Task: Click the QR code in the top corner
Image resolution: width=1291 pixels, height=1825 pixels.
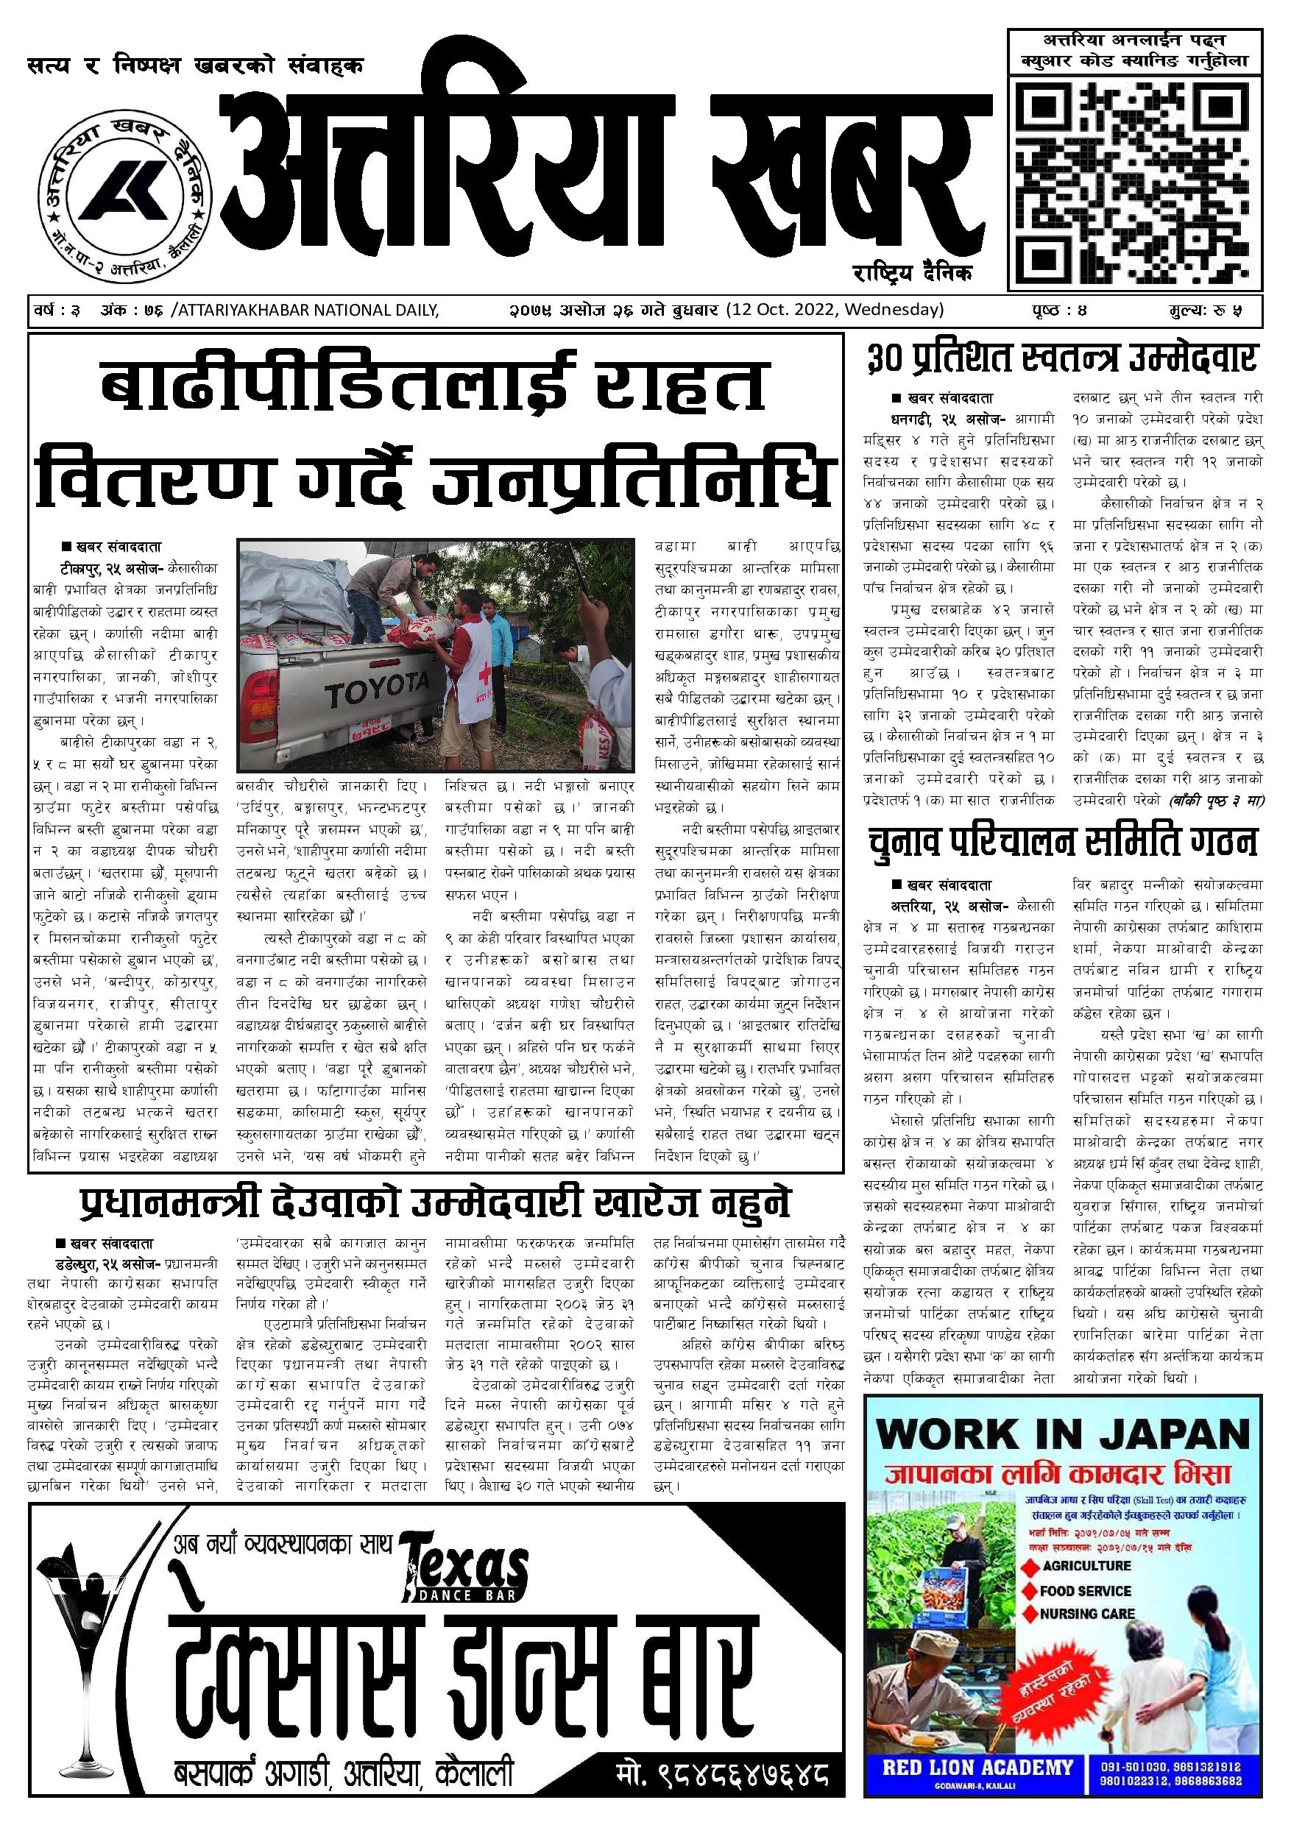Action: pos(1135,181)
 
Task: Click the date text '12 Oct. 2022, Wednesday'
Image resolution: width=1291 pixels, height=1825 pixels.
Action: pos(834,309)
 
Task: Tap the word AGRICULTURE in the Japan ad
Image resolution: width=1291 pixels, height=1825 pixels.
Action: pos(1086,1565)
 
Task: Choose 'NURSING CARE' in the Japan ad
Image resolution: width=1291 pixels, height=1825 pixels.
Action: pos(1086,1614)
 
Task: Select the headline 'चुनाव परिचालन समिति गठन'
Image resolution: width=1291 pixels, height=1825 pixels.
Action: pos(1062,843)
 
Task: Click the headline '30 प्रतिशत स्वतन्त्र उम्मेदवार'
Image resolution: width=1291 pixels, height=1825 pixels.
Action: pos(1062,359)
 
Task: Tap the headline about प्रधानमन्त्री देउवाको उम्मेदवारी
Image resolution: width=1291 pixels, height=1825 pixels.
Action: pos(435,1204)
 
